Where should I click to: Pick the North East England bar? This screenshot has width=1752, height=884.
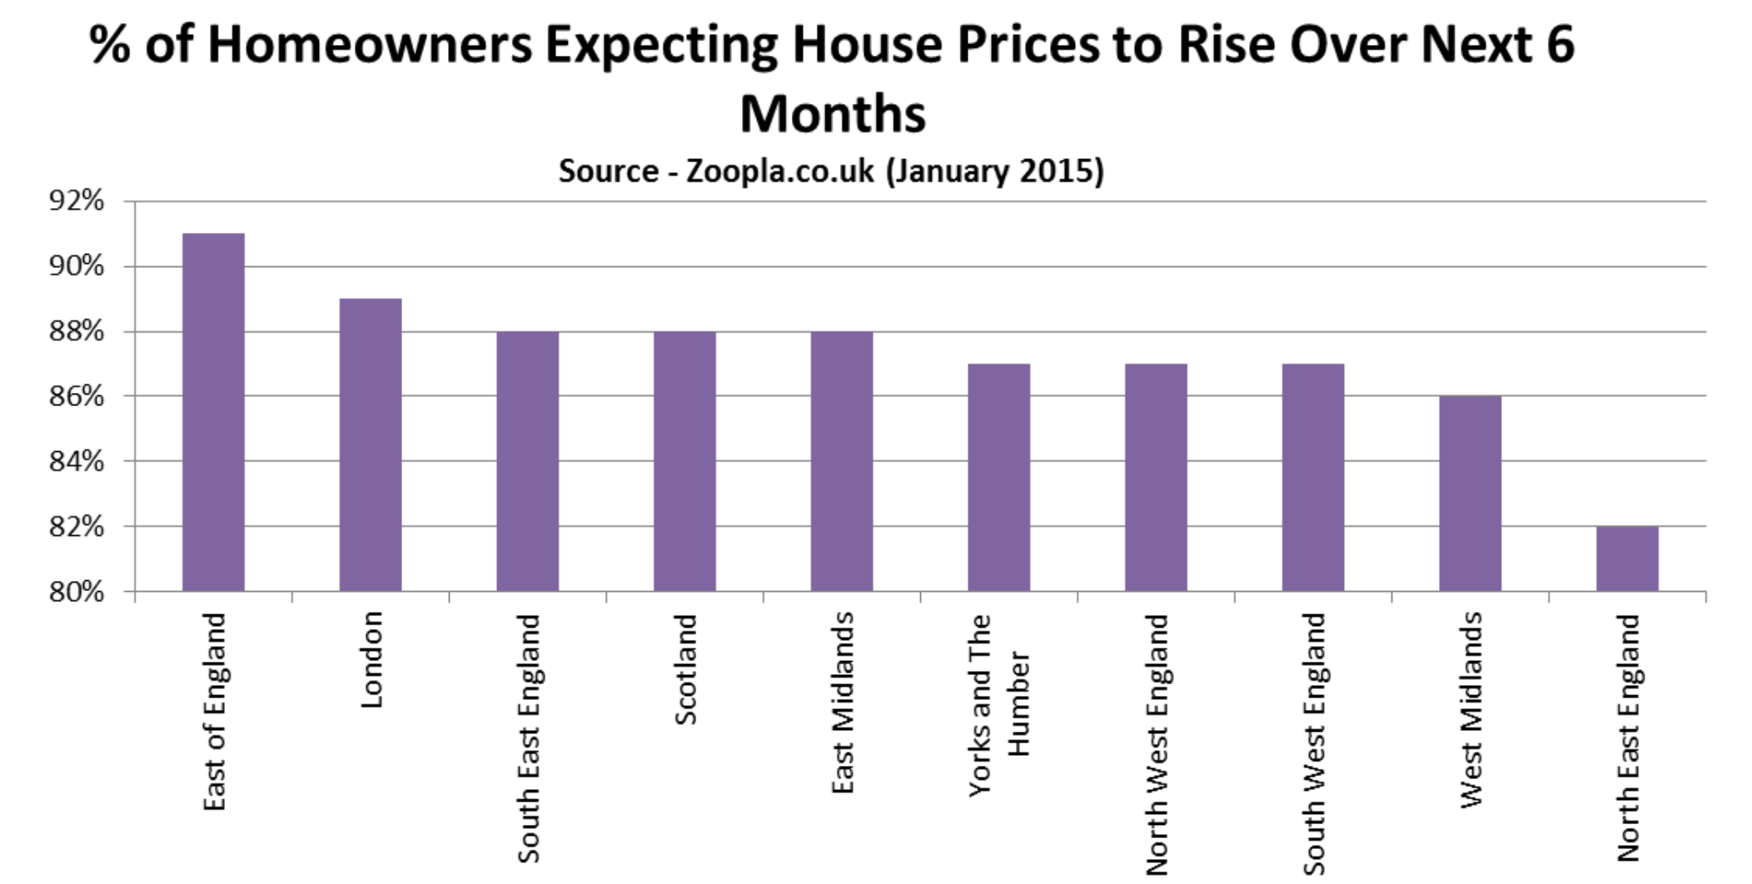coord(1627,559)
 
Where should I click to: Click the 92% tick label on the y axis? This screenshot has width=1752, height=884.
coord(77,201)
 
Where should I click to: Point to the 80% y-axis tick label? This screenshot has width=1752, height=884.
coord(77,592)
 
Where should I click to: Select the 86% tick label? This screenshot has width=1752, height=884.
coord(77,396)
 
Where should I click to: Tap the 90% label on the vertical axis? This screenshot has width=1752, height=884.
coord(77,266)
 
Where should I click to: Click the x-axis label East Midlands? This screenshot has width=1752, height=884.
coord(843,703)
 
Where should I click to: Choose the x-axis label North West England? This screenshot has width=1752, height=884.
coord(1157,744)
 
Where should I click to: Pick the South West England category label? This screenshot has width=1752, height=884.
coord(1313,744)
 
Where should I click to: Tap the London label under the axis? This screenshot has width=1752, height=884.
coord(371,659)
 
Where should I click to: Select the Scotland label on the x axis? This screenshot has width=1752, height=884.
coord(685,669)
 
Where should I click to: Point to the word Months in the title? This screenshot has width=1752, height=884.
coord(833,114)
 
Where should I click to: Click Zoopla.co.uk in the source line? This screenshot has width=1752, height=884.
coord(779,171)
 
